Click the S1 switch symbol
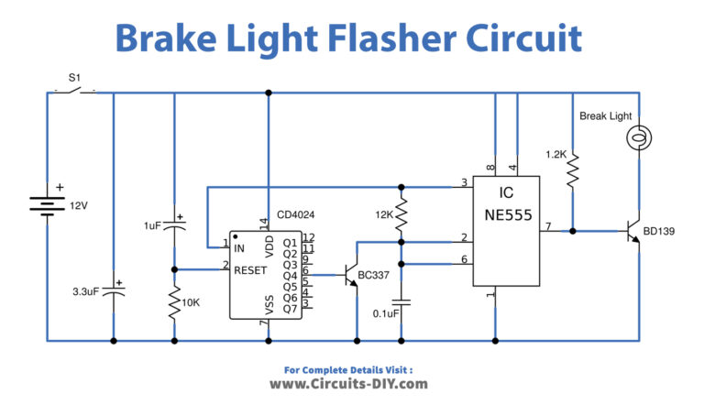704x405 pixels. point(74,91)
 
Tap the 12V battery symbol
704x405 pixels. point(46,201)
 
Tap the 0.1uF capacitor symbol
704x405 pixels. point(401,301)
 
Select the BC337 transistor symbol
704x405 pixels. point(351,274)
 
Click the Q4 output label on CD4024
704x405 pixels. point(290,275)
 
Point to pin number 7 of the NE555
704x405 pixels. point(547,224)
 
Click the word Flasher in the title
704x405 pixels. point(367,38)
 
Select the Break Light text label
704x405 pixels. point(607,116)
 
